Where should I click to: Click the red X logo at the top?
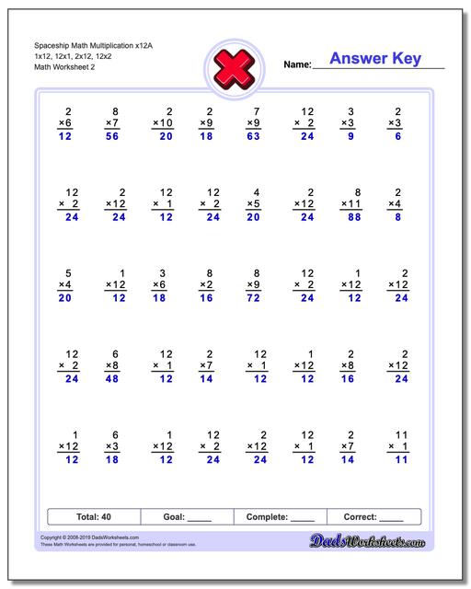pyautogui.click(x=234, y=64)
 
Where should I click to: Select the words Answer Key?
pyautogui.click(x=376, y=59)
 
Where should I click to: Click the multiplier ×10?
pyautogui.click(x=161, y=122)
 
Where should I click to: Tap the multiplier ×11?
pyautogui.click(x=350, y=204)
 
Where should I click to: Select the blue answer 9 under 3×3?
pyautogui.click(x=351, y=135)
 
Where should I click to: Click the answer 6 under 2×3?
pyautogui.click(x=398, y=135)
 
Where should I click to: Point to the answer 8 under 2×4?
pyautogui.click(x=398, y=217)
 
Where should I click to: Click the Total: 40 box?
pyautogui.click(x=93, y=516)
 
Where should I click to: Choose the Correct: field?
pyautogui.click(x=373, y=516)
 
